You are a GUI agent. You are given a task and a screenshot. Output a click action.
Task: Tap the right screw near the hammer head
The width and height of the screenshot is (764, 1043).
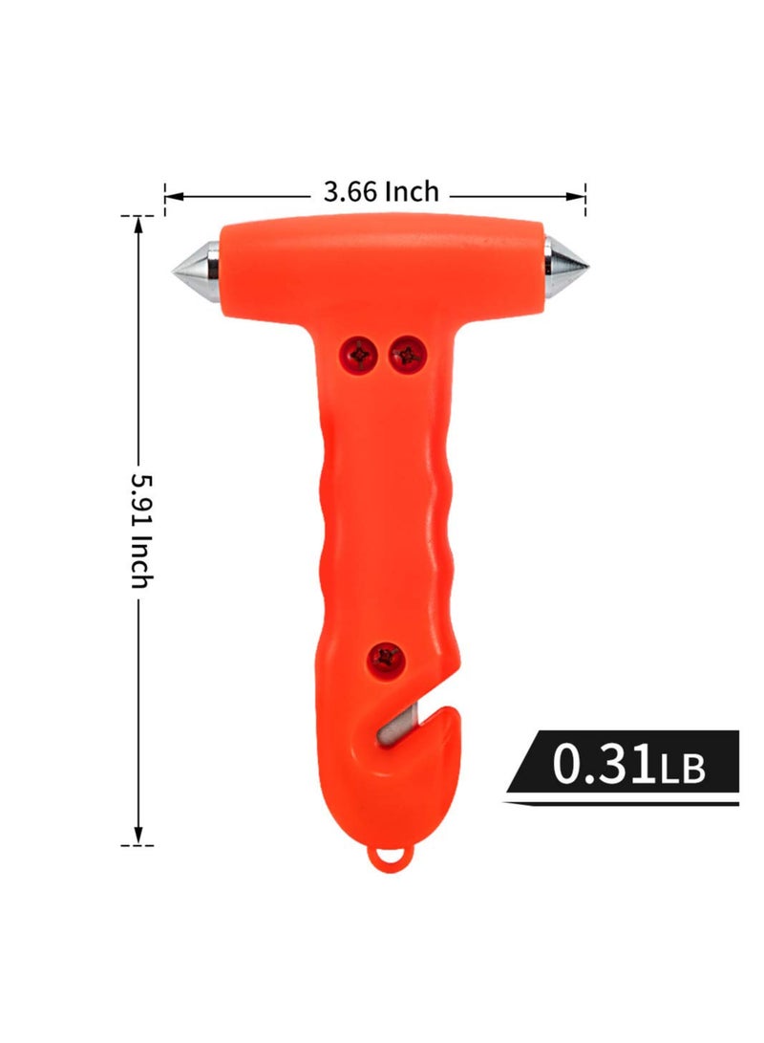(408, 355)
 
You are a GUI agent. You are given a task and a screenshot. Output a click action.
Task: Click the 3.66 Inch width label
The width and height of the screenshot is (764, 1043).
(380, 192)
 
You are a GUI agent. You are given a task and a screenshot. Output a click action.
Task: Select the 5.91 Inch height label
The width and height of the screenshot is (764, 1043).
(140, 530)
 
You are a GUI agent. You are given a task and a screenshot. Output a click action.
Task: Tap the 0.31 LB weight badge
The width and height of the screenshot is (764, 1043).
(624, 767)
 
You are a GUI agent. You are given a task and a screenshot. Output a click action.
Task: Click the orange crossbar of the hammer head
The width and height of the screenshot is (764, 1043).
(382, 263)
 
